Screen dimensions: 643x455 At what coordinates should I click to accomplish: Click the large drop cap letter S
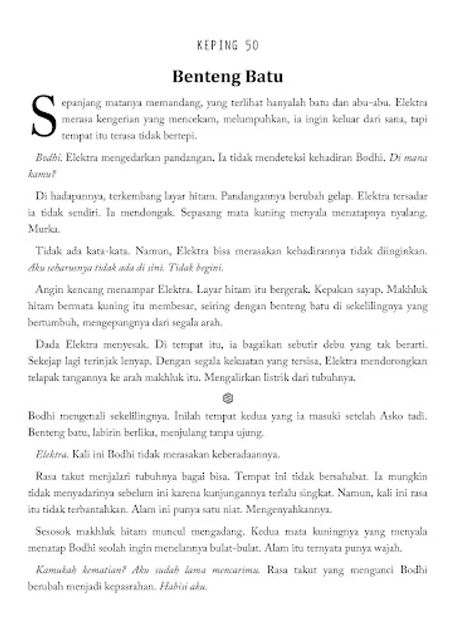41,116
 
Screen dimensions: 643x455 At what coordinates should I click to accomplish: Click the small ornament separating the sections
227,397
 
